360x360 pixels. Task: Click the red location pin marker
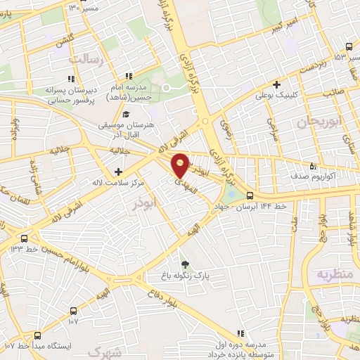coord(180,165)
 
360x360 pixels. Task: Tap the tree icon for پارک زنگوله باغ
coord(185,264)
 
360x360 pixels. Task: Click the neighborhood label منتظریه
coord(333,274)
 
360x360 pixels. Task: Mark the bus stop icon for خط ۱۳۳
coord(25,238)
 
